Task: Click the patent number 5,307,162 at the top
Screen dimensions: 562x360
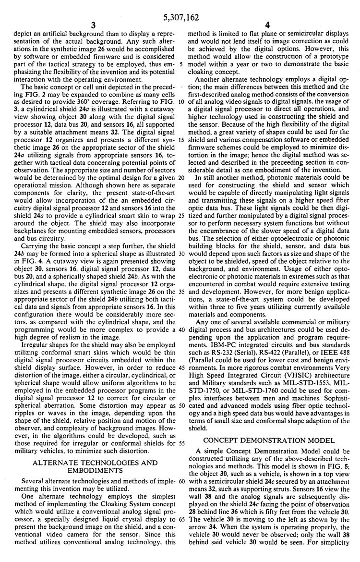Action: pyautogui.click(x=180, y=7)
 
